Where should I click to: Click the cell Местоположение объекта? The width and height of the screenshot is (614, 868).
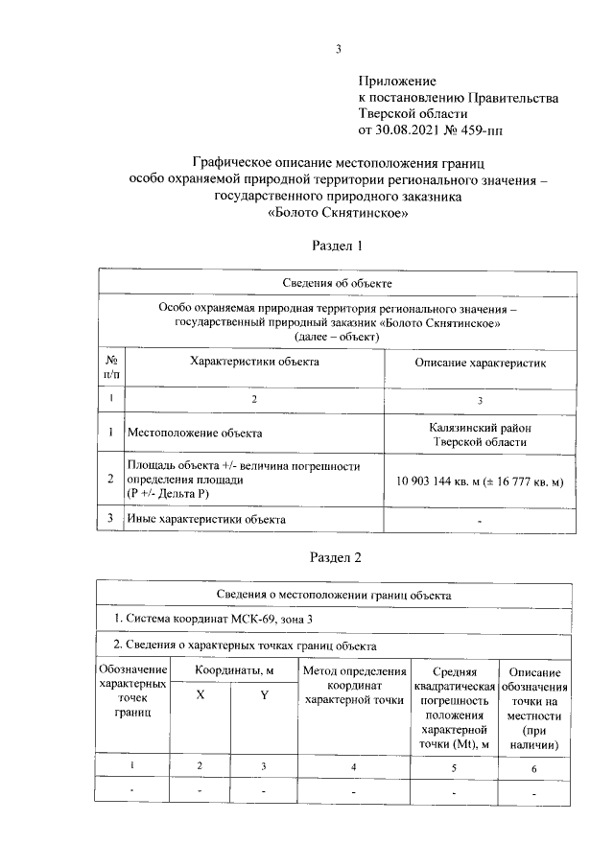point(195,433)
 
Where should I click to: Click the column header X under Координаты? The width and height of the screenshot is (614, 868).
point(200,696)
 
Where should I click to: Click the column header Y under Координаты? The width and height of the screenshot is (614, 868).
point(264,696)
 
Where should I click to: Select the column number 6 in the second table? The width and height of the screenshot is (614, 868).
point(534,767)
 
